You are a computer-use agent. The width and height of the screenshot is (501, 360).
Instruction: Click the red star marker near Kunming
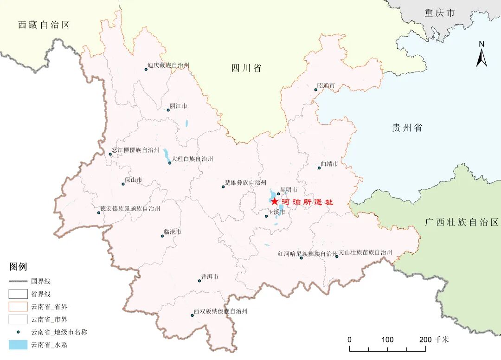coord(275,201)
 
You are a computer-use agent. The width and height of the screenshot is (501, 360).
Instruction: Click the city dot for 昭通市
coord(316,90)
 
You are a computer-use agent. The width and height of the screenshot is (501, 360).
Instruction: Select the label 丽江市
coord(179,106)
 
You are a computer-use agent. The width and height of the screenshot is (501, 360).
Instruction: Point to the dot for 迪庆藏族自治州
coord(146,69)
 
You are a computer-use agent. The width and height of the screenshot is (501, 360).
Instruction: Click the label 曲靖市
coord(329,164)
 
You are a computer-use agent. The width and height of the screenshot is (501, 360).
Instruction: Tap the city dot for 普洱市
coord(199,281)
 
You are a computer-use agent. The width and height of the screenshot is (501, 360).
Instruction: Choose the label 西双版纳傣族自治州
coord(221,311)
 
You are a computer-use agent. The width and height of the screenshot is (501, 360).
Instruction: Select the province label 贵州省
coord(407,128)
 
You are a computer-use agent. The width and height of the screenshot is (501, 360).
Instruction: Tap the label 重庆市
coord(439,13)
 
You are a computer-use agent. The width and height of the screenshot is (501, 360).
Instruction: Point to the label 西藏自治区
coord(44,25)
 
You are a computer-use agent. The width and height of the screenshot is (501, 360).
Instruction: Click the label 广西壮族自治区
coord(462,223)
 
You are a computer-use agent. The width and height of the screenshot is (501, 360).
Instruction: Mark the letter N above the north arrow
coord(482,44)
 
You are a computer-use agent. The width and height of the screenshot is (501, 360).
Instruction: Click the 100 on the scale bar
coord(387,339)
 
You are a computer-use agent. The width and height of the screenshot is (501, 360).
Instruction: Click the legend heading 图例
coord(18,267)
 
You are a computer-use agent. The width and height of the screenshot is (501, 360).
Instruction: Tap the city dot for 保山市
coord(123,184)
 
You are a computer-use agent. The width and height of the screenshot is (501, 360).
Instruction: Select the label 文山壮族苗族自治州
coord(366,252)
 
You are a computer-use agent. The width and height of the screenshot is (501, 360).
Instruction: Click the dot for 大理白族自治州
coord(170,163)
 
